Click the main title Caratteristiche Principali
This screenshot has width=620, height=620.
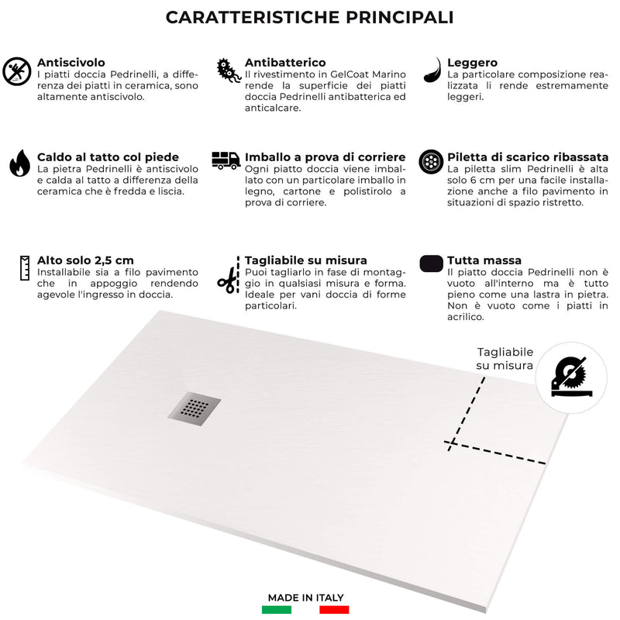(x=309, y=17)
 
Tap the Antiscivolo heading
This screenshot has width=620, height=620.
(x=71, y=62)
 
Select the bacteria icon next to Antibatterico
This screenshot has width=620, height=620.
(x=227, y=69)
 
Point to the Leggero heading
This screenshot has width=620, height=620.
(x=473, y=62)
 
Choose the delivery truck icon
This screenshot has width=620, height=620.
(x=226, y=160)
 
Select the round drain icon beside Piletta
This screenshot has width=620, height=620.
(x=430, y=162)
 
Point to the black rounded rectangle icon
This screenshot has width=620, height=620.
(x=432, y=263)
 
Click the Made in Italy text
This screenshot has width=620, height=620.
(x=306, y=598)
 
